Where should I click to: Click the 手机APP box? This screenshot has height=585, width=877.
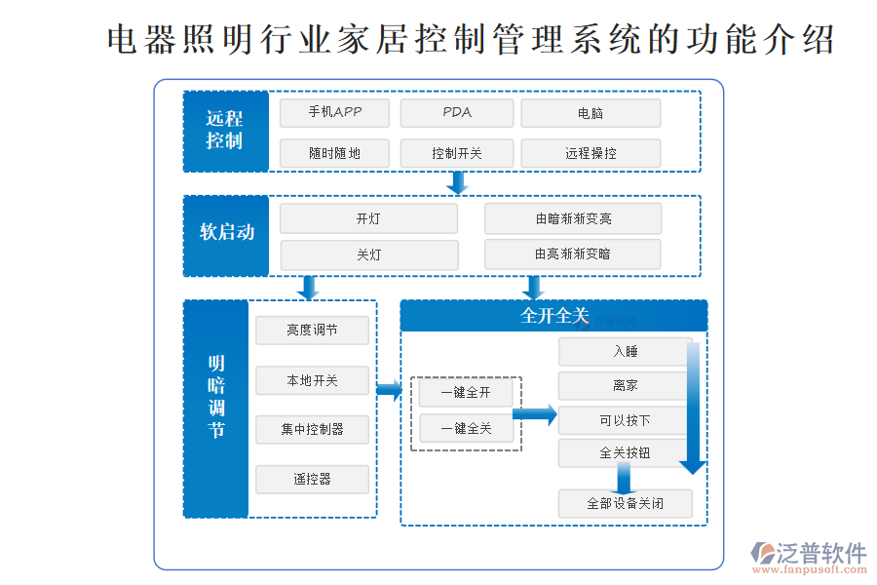point(334,113)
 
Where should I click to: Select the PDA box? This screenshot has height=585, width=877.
point(456,113)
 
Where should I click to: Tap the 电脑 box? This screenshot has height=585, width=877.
point(591,113)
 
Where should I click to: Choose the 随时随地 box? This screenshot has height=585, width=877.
point(334,153)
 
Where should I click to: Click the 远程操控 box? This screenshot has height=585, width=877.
point(591,153)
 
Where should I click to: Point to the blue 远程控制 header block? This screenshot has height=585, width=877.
point(225,131)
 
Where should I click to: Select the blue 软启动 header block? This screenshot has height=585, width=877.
point(225,235)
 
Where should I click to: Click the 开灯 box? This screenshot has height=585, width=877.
point(368,218)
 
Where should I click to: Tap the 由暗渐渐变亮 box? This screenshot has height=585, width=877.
point(573,218)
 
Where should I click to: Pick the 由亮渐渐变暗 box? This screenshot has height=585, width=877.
point(573,254)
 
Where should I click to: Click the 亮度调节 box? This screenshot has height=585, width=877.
point(312,331)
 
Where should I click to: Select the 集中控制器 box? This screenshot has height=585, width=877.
point(312,429)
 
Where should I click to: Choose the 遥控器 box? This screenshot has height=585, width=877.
point(312,479)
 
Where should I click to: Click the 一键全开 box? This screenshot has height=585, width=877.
point(466,393)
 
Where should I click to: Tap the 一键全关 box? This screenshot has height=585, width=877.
point(466,428)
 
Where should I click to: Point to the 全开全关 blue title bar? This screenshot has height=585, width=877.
point(553,316)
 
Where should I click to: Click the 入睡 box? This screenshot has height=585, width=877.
point(625,352)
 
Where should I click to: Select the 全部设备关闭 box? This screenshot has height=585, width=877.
point(625,504)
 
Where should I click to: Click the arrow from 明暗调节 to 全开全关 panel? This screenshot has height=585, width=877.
point(389,391)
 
